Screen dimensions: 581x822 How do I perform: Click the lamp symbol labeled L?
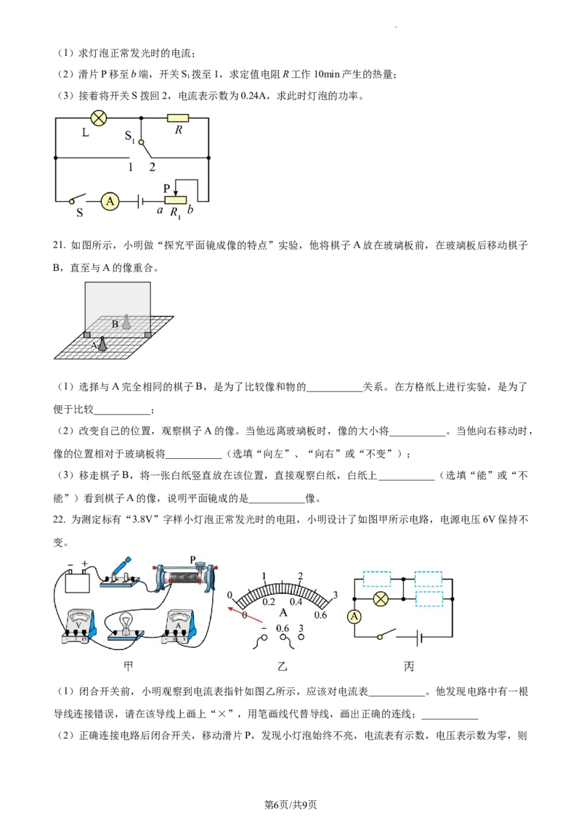98,118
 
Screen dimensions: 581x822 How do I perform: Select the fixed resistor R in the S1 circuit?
178,118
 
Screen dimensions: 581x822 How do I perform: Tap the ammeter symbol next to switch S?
110,201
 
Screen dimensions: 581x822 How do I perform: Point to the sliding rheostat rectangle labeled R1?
175,201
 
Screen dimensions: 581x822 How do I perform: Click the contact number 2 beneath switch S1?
152,167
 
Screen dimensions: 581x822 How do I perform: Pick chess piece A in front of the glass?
103,344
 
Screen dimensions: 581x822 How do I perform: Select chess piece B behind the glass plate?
126,322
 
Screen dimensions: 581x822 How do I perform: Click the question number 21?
59,245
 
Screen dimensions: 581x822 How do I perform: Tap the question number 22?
59,519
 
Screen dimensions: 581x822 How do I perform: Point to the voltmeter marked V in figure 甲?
78,627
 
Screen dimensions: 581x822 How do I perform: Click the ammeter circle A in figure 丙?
354,616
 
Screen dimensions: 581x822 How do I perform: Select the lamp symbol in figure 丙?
381,598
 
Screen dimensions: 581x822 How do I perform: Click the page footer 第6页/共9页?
290,805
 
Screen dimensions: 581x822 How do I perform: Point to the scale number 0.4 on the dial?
296,602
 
